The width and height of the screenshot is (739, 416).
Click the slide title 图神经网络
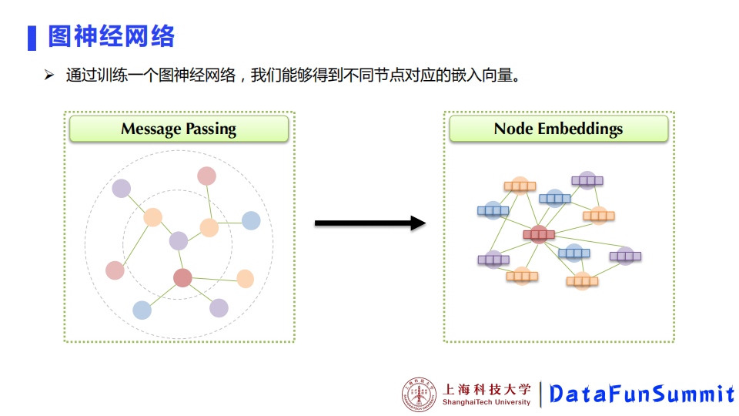tap(112, 36)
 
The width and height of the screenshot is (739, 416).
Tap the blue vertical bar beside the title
tap(32, 37)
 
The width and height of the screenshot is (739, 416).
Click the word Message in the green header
tap(151, 129)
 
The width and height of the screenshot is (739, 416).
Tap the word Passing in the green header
tap(210, 129)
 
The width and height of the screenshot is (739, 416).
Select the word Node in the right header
tap(513, 129)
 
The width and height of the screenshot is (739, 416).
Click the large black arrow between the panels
tap(369, 223)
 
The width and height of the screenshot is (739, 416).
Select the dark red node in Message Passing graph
tap(182, 278)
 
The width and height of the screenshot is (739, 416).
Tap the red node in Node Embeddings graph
tap(539, 233)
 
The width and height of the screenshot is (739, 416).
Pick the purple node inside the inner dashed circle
tap(179, 241)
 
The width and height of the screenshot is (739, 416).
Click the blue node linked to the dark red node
tap(142, 310)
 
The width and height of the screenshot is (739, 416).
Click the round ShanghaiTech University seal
tap(420, 394)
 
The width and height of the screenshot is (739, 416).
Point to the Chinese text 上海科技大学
tap(487, 389)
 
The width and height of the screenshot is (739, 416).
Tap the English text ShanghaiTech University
tap(487, 402)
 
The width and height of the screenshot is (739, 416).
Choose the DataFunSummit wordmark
tap(641, 394)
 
